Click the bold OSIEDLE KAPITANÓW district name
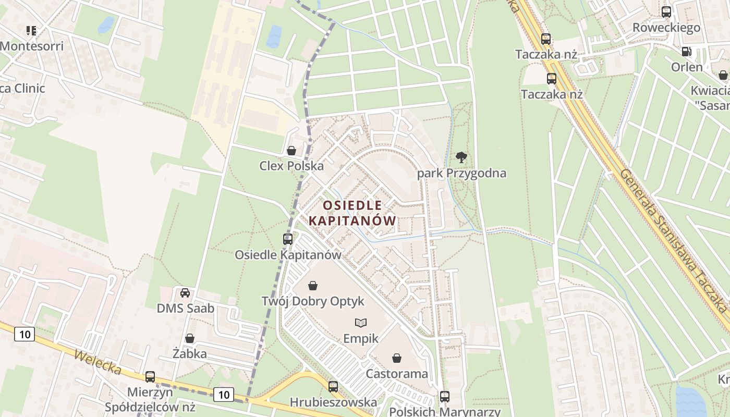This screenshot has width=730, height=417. click(x=352, y=213)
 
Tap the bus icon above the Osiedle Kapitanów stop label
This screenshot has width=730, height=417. click(x=288, y=239)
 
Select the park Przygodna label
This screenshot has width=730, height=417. click(x=461, y=173)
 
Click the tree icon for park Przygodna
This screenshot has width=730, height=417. click(x=461, y=157)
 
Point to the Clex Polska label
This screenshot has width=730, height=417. click(x=291, y=166)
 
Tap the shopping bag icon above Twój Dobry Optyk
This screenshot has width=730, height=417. click(x=313, y=286)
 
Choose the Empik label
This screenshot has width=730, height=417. click(x=361, y=338)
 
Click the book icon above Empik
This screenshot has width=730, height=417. click(x=361, y=323)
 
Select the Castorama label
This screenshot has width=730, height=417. click(x=397, y=374)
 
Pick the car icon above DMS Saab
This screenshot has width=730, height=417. click(x=185, y=293)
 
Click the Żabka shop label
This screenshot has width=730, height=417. click(x=190, y=353)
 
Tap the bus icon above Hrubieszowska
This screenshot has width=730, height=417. click(x=333, y=387)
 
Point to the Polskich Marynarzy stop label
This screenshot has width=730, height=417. click(x=445, y=412)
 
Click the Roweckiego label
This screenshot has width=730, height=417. click(x=666, y=28)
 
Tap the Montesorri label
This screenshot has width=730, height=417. click(x=32, y=46)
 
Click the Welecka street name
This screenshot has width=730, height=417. click(x=98, y=362)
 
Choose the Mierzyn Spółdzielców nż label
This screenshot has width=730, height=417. click(x=150, y=399)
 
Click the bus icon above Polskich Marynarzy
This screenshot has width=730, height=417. click(x=445, y=396)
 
